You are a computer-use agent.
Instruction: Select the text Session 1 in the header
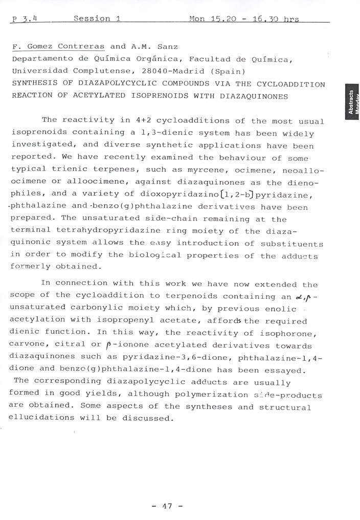point(97,19)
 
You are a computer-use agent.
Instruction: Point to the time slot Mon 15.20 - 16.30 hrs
point(244,19)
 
